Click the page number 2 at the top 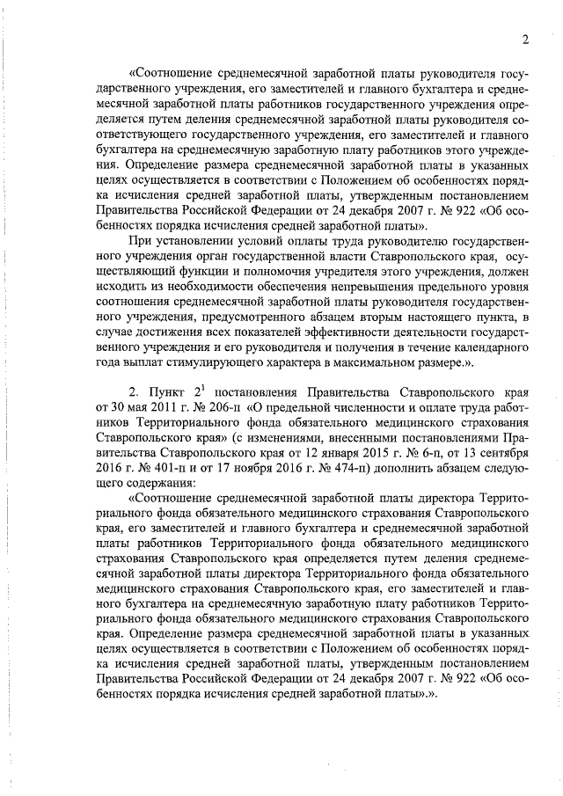(x=523, y=39)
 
